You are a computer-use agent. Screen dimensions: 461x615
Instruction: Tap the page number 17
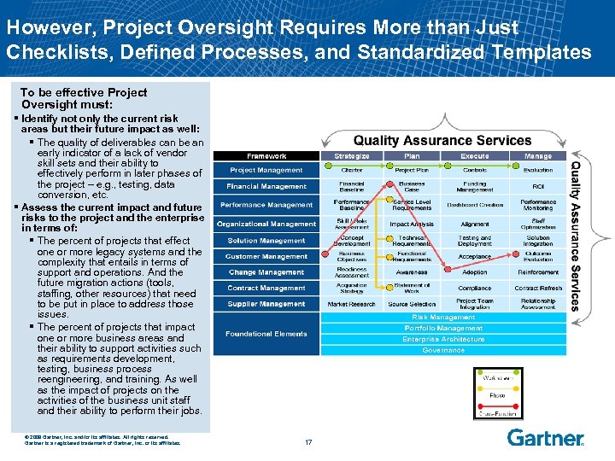pos(308,441)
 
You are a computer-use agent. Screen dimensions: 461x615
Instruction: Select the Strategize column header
pos(352,156)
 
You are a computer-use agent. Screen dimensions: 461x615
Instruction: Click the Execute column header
pos(475,156)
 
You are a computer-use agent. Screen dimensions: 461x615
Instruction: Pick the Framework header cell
pos(266,156)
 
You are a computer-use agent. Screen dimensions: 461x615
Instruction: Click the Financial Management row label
pos(266,186)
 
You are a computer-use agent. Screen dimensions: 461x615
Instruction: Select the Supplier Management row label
pos(266,304)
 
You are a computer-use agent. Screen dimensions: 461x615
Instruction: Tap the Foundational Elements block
pos(266,334)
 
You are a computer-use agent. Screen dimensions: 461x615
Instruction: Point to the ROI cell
pos(538,186)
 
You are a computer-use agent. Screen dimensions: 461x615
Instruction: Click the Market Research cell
pos(352,304)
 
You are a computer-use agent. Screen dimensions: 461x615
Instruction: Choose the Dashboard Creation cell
pos(475,205)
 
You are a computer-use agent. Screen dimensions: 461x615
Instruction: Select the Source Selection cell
pos(412,304)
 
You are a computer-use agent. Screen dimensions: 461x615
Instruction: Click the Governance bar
pos(443,350)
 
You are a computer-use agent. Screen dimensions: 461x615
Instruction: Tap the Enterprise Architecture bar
pos(443,339)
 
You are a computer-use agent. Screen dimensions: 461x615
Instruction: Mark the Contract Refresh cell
pos(538,289)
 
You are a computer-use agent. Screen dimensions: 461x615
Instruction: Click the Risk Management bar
pos(443,317)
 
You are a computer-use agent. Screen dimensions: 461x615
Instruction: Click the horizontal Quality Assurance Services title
pos(442,140)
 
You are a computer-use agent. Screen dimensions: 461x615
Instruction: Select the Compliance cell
pos(475,289)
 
